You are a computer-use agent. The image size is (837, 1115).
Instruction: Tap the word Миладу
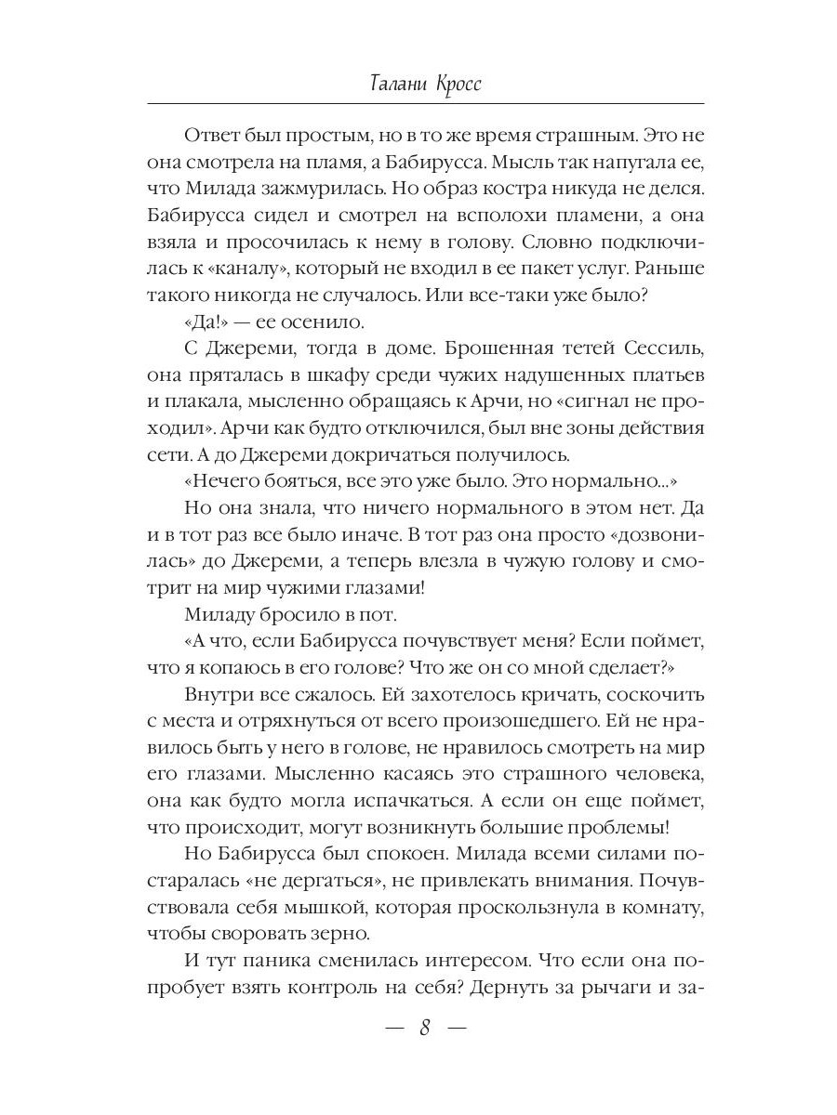(223, 618)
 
